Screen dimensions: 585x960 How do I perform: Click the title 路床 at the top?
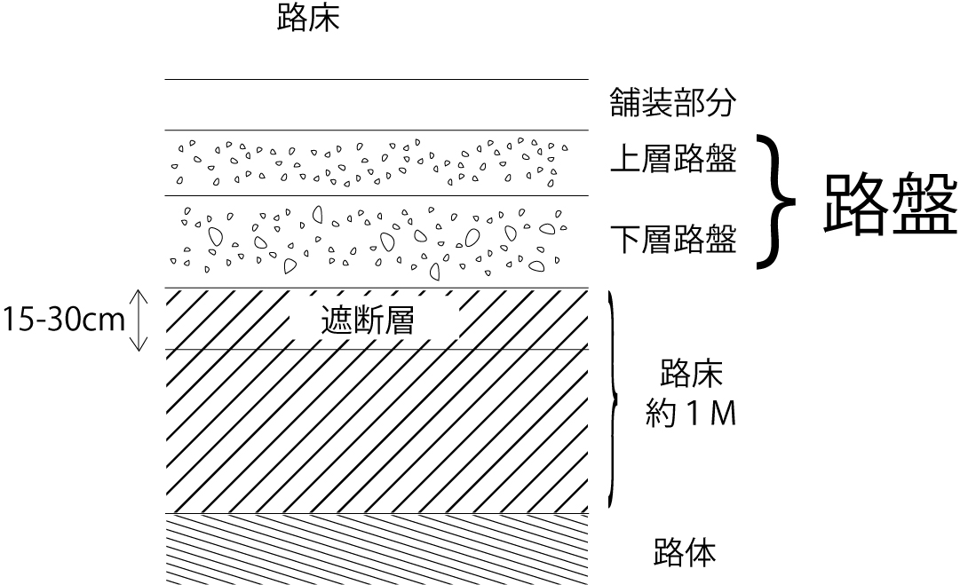[309, 18]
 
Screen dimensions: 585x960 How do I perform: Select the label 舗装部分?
[673, 103]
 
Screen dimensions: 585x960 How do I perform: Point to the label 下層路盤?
[673, 239]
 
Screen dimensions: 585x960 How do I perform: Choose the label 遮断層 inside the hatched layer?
[368, 321]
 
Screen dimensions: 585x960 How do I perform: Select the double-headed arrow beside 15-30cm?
[139, 320]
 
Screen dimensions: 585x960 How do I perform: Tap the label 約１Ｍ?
[691, 415]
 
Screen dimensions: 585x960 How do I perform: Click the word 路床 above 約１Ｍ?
[692, 373]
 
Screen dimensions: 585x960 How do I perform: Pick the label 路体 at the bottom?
[684, 553]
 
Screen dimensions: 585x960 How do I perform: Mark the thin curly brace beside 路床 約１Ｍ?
[613, 399]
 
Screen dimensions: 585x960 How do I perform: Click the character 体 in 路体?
[700, 553]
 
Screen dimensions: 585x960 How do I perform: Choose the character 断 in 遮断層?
[368, 321]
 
